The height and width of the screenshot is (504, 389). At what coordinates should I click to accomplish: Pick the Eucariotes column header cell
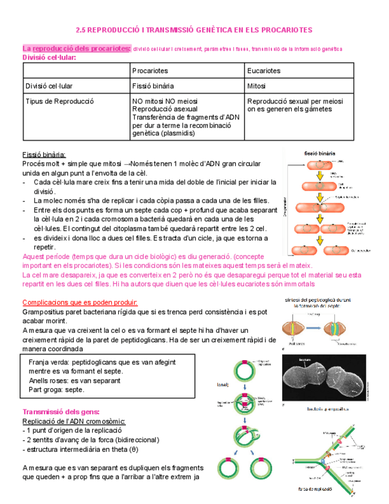pyautogui.click(x=264, y=71)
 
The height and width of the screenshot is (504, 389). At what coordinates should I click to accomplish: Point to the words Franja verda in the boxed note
pyautogui.click(x=48, y=361)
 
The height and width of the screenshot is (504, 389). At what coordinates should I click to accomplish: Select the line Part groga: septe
pyautogui.click(x=56, y=390)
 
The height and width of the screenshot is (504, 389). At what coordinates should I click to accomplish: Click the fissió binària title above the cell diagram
pyautogui.click(x=321, y=153)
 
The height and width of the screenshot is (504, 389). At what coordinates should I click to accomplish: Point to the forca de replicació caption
pyautogui.click(x=323, y=489)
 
